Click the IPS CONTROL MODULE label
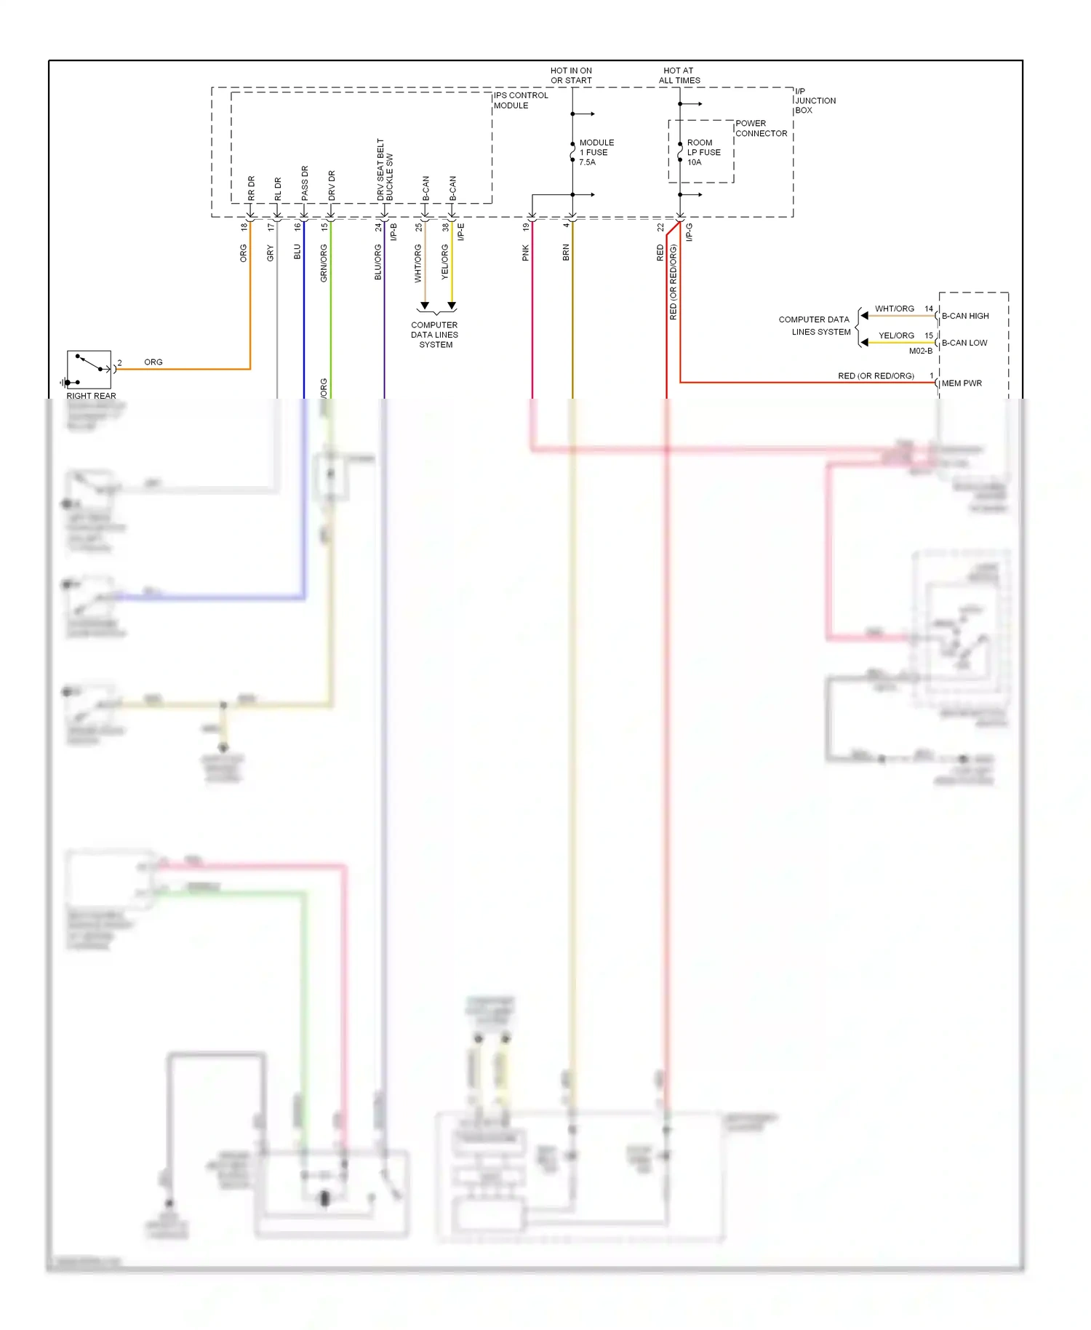point(521,100)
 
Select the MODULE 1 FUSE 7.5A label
point(596,153)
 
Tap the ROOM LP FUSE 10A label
point(703,153)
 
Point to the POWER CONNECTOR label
point(760,129)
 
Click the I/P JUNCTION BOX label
point(814,101)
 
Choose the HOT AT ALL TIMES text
point(679,76)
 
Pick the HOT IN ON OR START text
point(571,76)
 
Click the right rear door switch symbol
point(89,370)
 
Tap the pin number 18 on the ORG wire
point(244,227)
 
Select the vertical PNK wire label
point(525,253)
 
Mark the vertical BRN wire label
point(565,253)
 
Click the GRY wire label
point(270,253)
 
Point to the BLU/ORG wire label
point(377,262)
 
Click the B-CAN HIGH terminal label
point(964,316)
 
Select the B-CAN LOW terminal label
point(964,343)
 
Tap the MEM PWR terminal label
point(961,383)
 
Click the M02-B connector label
point(920,351)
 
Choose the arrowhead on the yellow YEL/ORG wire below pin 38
point(452,306)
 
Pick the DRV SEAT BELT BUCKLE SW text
point(385,170)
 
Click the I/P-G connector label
point(689,232)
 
